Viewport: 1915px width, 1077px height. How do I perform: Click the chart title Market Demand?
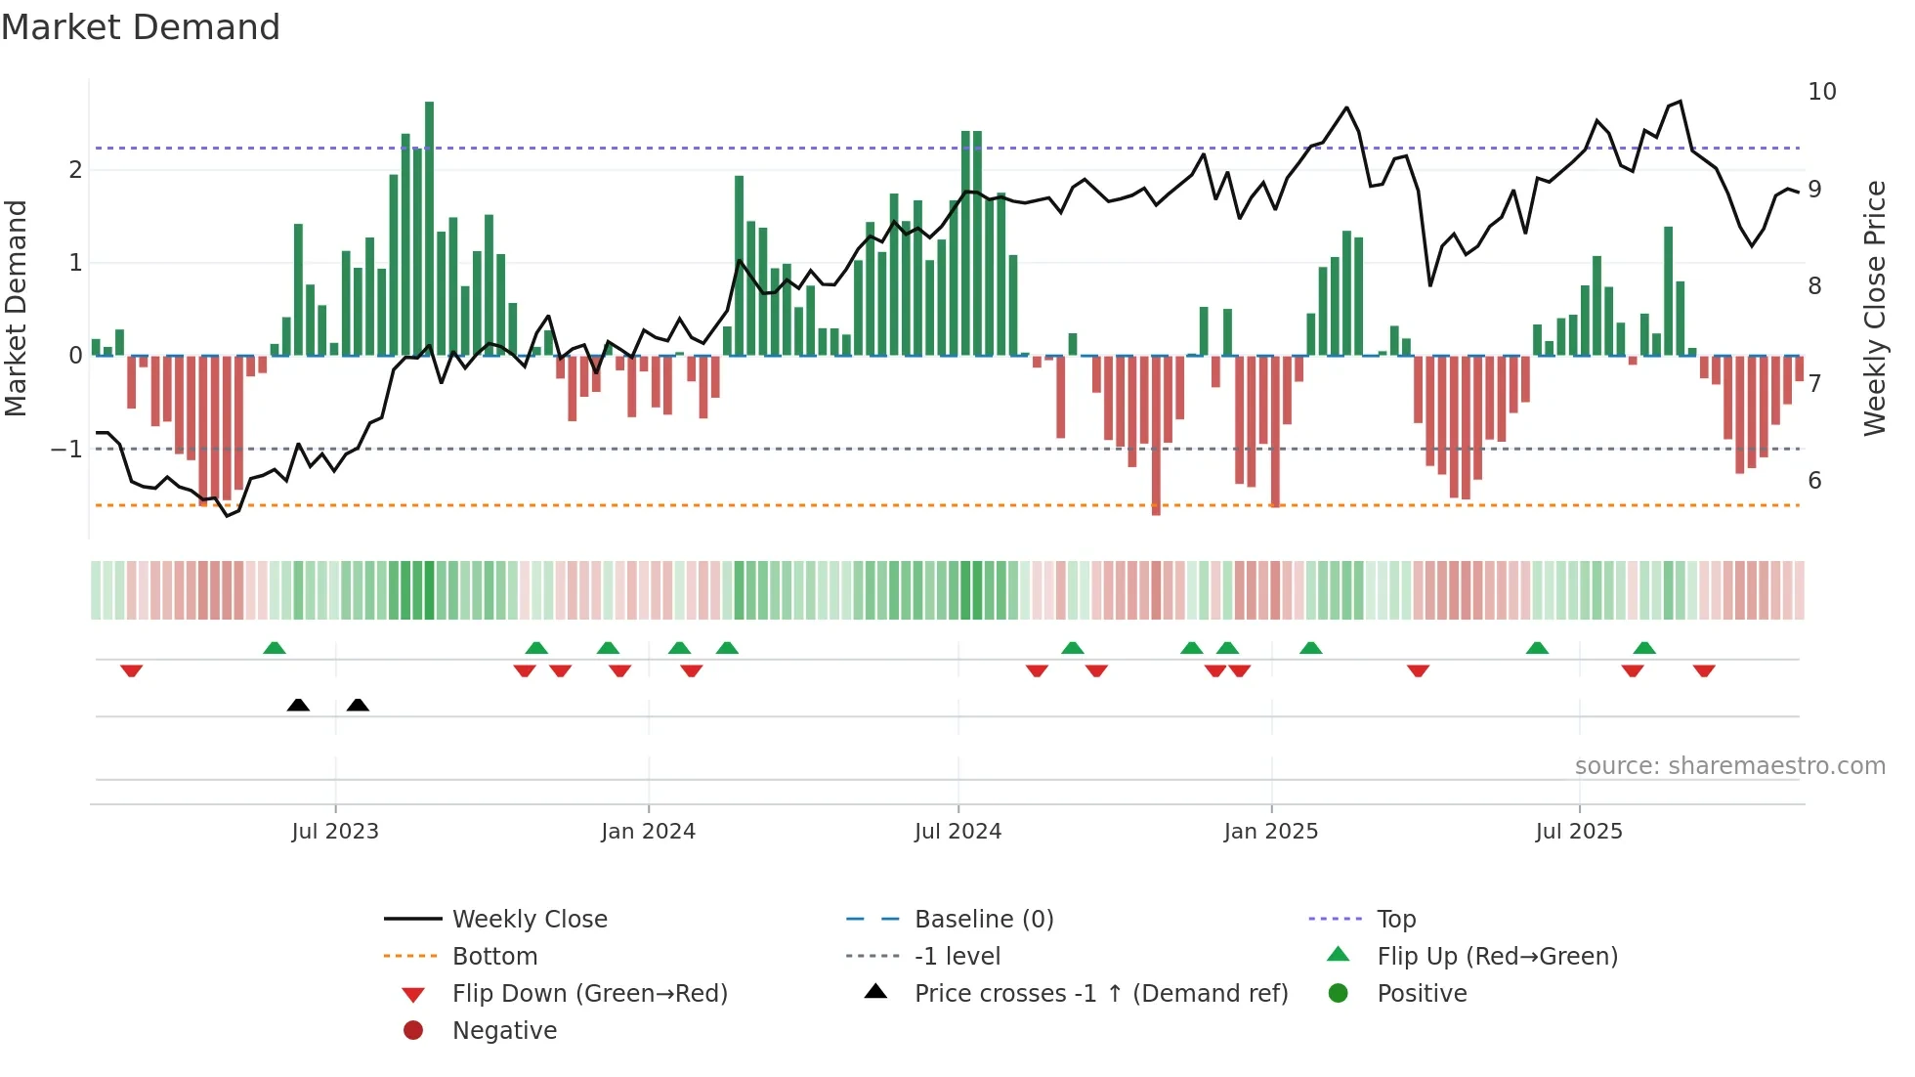point(141,27)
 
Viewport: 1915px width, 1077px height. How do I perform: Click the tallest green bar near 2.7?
point(429,227)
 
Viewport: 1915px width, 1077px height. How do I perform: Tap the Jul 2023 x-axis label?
point(334,832)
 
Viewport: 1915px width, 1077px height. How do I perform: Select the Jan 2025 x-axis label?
point(1270,832)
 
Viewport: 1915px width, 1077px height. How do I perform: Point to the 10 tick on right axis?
point(1821,92)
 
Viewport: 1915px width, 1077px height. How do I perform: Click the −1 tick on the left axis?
point(66,450)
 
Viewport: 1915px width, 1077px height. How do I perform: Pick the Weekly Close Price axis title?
point(1874,308)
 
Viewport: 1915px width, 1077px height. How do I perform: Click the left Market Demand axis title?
point(16,308)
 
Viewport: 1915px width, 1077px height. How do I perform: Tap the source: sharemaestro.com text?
point(1729,765)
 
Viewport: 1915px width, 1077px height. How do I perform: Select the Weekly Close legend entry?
point(529,920)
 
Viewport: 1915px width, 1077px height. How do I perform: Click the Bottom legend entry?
point(494,957)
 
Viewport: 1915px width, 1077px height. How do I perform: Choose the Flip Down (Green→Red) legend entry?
point(589,994)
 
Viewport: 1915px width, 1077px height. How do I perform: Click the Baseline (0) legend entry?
point(983,920)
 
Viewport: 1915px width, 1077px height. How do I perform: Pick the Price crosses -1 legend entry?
point(1100,994)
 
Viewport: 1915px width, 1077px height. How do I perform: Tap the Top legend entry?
point(1395,920)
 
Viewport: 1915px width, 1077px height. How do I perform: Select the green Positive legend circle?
point(1339,994)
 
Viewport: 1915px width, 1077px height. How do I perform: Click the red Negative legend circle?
point(413,1031)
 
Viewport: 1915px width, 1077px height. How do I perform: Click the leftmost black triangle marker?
point(298,705)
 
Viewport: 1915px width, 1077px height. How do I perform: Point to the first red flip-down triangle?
point(131,670)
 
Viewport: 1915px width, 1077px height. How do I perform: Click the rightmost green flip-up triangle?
point(1644,648)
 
